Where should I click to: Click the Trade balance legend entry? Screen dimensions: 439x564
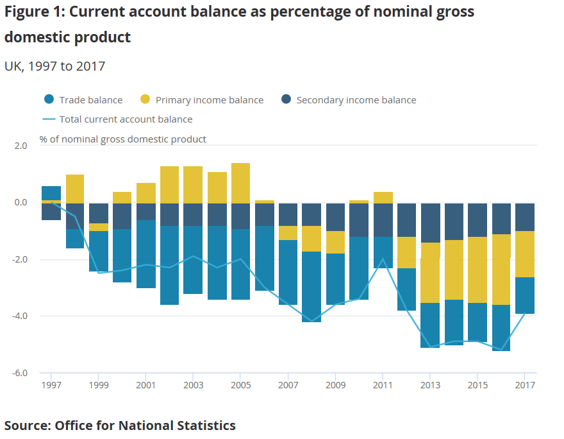tap(83, 100)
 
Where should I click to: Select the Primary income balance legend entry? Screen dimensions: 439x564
tap(201, 100)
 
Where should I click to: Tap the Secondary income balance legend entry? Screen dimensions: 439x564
tap(349, 100)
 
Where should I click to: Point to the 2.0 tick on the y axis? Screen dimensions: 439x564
tap(21, 146)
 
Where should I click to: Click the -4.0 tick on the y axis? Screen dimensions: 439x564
tap(19, 316)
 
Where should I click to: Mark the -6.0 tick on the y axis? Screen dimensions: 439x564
tap(19, 373)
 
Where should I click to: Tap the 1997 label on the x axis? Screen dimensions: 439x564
tap(51, 385)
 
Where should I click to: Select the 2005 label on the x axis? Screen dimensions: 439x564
tap(240, 385)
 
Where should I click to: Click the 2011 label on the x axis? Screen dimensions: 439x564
tap(383, 385)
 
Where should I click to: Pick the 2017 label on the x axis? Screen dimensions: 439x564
tap(525, 385)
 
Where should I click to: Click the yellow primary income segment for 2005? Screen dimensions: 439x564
tap(240, 183)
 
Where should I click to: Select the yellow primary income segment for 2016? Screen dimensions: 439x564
tap(501, 270)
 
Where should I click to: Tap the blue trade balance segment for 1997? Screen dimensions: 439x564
tap(51, 193)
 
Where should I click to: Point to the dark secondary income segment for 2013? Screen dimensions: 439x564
tap(430, 223)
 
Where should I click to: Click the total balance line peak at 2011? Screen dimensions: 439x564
tap(383, 259)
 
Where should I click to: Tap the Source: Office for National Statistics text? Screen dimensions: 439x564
tap(120, 425)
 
